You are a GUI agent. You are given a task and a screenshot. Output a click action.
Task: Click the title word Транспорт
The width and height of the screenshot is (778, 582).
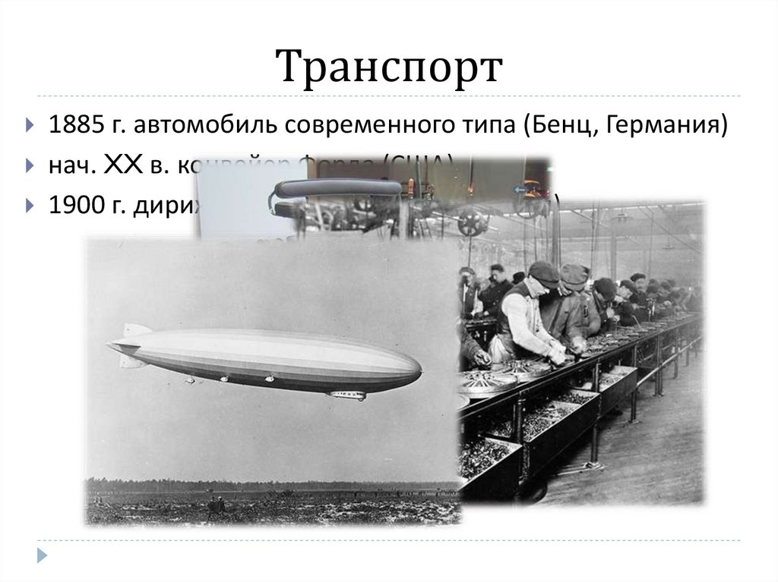[x=389, y=68]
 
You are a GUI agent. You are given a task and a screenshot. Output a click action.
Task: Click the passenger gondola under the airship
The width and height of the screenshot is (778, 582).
[x=347, y=395]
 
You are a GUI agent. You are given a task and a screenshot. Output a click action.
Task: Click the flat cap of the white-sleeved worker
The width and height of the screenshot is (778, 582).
[x=543, y=271]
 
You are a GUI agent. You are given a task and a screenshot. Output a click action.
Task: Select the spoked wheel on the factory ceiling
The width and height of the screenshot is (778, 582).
[x=472, y=222]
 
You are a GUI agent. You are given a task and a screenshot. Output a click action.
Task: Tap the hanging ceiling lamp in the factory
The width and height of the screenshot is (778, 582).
[x=621, y=218]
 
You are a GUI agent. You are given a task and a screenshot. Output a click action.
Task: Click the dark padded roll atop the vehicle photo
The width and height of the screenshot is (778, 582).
[x=338, y=187]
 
